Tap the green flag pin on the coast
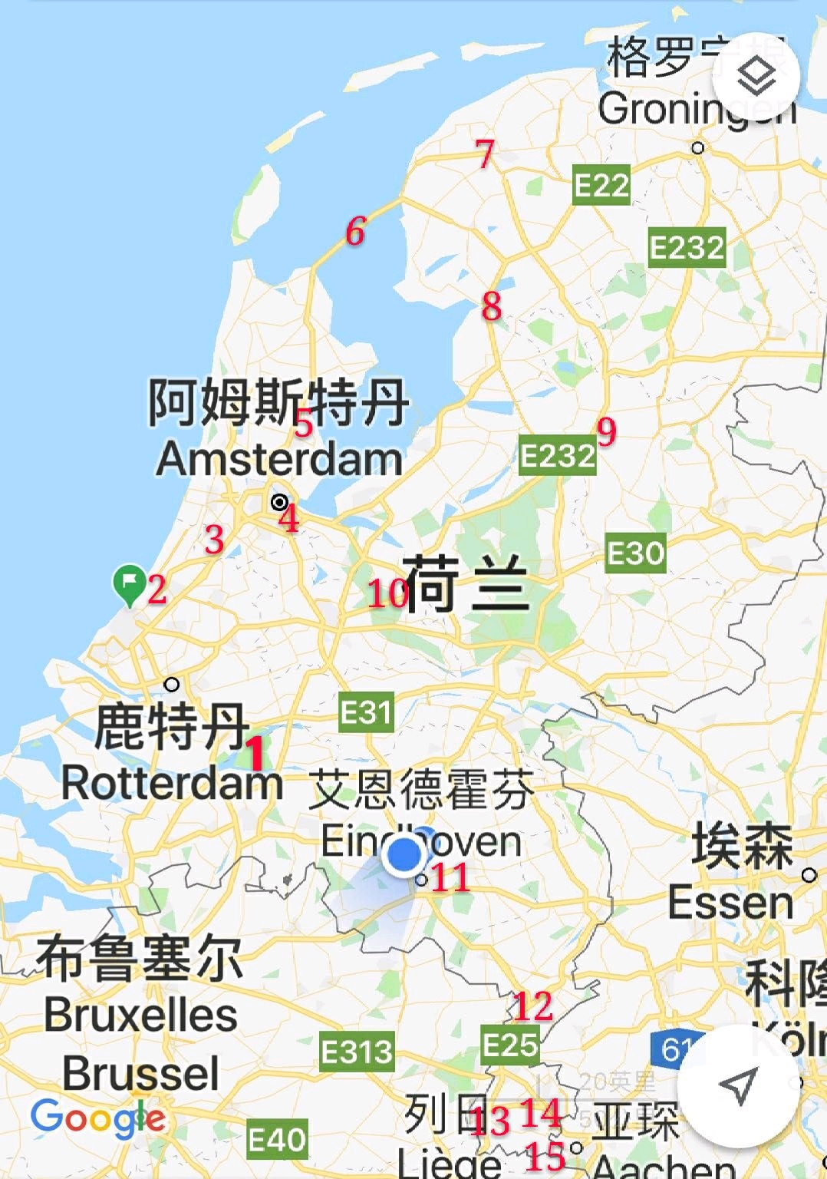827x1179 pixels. coord(130,584)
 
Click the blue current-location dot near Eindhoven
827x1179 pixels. coord(404,854)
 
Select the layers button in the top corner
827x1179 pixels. coord(756,76)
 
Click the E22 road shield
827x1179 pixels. coord(601,185)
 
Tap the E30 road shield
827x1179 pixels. coord(635,553)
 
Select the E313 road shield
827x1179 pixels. coord(357,1052)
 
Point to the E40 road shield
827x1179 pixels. coord(277,1140)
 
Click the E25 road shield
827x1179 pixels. coord(510,1045)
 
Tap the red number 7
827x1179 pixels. coord(485,154)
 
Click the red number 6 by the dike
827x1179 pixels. coord(355,231)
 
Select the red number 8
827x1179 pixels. coord(492,306)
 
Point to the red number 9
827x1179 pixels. coord(607,431)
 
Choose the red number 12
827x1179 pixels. coord(533,1006)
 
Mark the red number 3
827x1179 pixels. coord(214,540)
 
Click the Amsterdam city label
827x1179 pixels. coord(279,459)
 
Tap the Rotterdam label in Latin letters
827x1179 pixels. coord(172,784)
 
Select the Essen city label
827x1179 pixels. coord(730,902)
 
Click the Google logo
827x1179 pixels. coord(98,1118)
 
